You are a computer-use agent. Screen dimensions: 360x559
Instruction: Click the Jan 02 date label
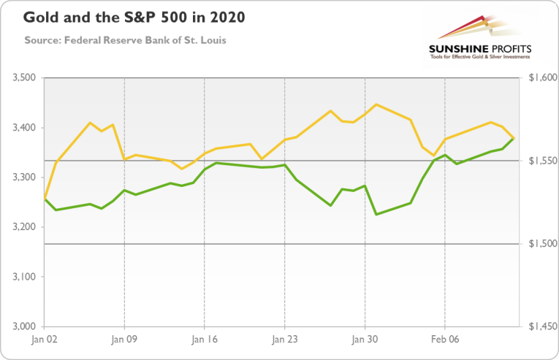[45, 340]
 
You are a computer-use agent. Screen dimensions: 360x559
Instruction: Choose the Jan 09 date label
[124, 340]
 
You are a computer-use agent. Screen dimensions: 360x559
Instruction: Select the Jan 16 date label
[204, 340]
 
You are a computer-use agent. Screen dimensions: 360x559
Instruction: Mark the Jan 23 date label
[284, 340]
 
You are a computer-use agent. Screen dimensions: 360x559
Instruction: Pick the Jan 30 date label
[364, 340]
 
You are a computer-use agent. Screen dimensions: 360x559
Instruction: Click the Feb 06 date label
[444, 340]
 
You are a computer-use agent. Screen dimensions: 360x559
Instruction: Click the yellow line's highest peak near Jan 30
[376, 104]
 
